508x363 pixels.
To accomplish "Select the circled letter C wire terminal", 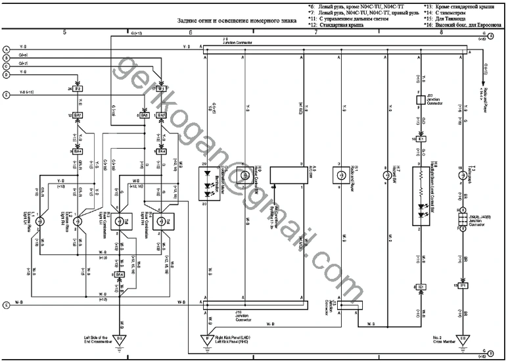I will (6, 66).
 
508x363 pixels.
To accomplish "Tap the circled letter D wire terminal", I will (6, 74).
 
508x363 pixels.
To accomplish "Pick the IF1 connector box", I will (162, 87).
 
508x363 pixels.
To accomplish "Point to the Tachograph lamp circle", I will (463, 176).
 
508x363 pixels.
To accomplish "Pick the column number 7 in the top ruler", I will (315, 32).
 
